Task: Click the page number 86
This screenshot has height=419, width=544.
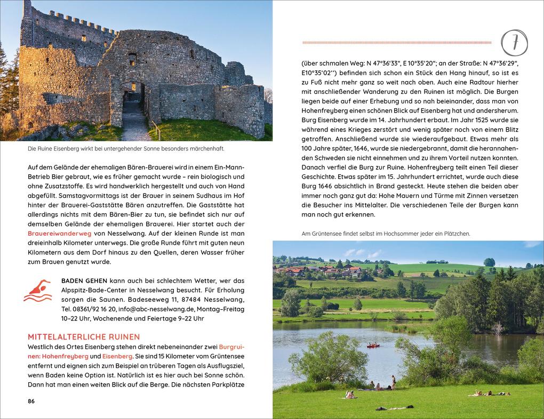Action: coord(31,401)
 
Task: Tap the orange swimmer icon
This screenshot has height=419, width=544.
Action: coord(37,291)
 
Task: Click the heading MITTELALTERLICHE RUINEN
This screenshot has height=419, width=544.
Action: coord(83,336)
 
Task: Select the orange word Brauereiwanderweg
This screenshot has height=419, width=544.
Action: coord(60,233)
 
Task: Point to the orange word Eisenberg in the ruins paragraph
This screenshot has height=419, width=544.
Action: coord(117,356)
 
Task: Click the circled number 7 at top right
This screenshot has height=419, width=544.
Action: coord(515,42)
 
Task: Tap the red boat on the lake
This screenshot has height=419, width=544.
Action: coord(373,345)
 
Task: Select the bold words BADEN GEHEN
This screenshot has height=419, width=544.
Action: coord(84,280)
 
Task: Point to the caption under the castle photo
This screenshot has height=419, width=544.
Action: coord(126,149)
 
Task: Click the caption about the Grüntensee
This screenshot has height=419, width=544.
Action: coord(386,233)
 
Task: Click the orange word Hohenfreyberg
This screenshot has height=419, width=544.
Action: coord(61,356)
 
